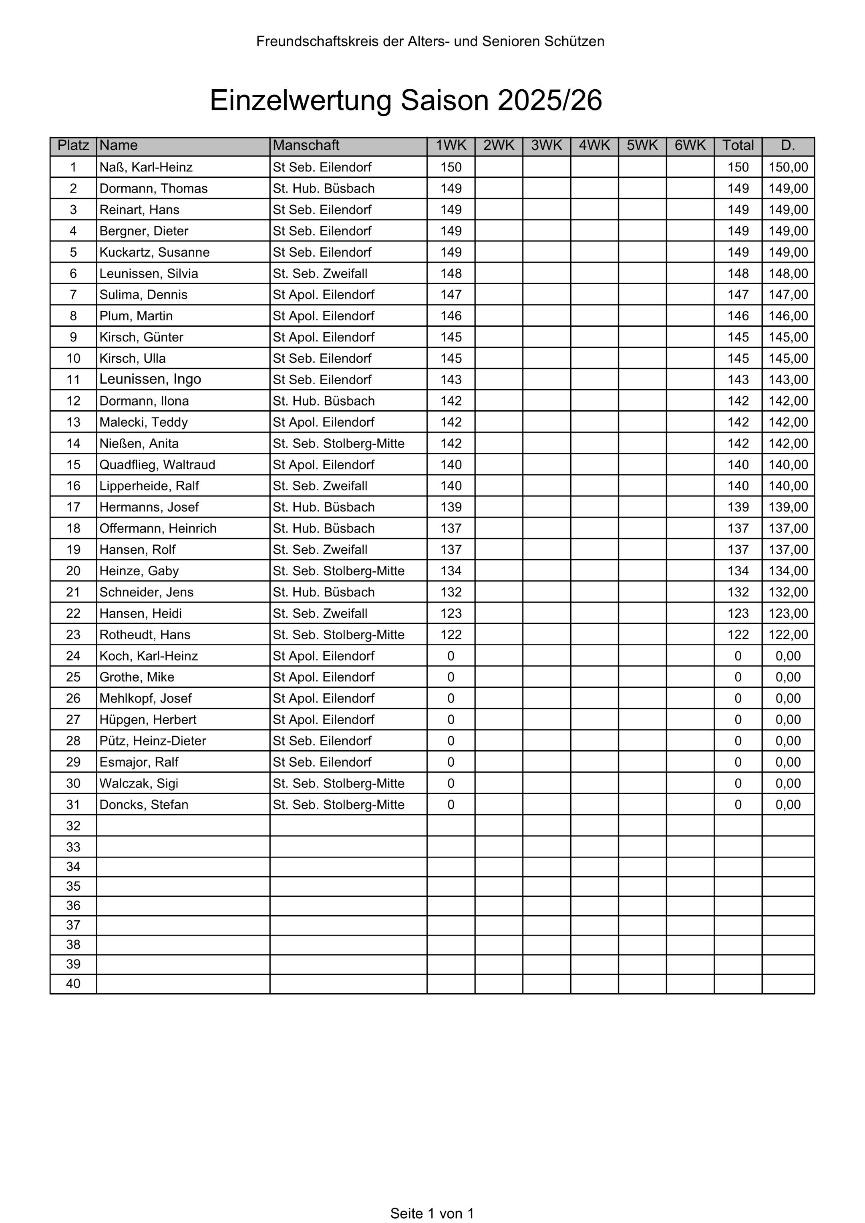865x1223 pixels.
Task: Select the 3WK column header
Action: [546, 145]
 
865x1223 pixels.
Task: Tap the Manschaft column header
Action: [306, 145]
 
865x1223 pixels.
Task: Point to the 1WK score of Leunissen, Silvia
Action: [451, 274]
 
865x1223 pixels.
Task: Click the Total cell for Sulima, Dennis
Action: [738, 295]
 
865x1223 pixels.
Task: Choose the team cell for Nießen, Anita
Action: [338, 444]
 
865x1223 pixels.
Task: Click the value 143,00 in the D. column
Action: [788, 380]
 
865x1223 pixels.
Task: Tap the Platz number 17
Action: [73, 507]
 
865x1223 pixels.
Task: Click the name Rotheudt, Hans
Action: [145, 635]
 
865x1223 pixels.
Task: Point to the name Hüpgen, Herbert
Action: [148, 720]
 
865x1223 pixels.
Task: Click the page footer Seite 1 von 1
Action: [432, 1213]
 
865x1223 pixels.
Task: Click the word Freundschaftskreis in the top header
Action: [317, 42]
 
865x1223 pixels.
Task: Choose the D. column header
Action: [788, 145]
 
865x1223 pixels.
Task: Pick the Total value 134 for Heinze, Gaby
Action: [738, 571]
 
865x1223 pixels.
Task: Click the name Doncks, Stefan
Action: [143, 805]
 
